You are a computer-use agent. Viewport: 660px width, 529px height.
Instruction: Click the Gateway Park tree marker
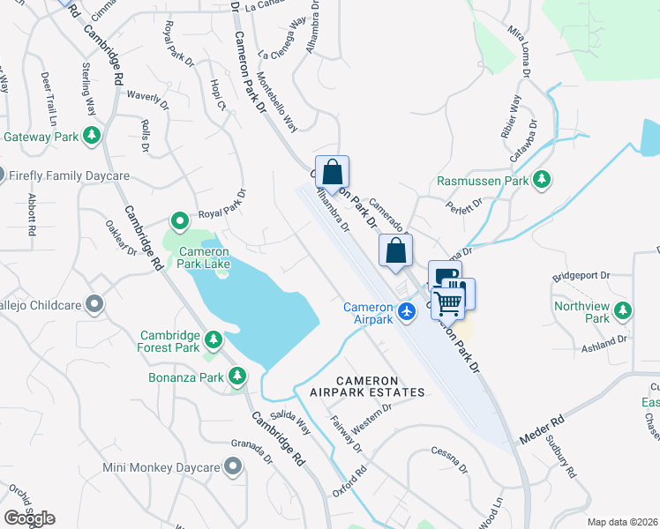click(90, 136)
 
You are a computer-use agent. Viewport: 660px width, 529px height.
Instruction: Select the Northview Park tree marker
click(623, 310)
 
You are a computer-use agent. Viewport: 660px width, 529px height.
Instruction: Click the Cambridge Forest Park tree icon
click(213, 339)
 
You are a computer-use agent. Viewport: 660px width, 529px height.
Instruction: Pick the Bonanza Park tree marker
click(236, 376)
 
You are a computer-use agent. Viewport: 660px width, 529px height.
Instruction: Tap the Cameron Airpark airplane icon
click(406, 310)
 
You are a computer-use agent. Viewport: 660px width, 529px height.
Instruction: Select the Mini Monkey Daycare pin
click(233, 466)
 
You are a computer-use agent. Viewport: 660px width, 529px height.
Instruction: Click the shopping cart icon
click(449, 303)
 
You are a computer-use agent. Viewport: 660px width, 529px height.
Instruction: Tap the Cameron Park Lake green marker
click(179, 220)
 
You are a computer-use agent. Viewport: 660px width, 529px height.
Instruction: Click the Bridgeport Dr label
click(581, 275)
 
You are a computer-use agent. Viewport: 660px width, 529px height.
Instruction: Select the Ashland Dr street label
click(604, 342)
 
